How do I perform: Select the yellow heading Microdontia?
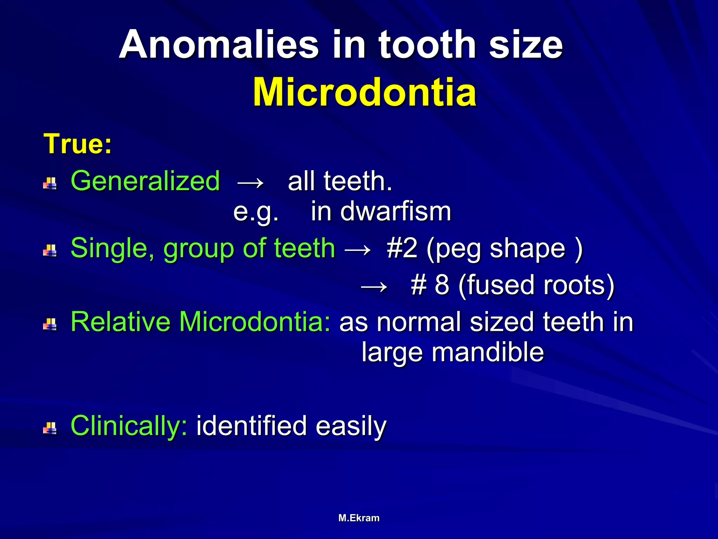365,92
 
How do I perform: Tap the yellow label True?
77,144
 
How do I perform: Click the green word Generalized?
145,181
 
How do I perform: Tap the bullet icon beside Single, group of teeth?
50,251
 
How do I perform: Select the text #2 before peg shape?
402,248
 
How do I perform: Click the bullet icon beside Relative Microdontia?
50,325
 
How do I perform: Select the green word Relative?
122,321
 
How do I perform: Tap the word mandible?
488,352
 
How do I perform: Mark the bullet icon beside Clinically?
50,428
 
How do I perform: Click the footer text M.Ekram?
359,518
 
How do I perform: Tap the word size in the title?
526,45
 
